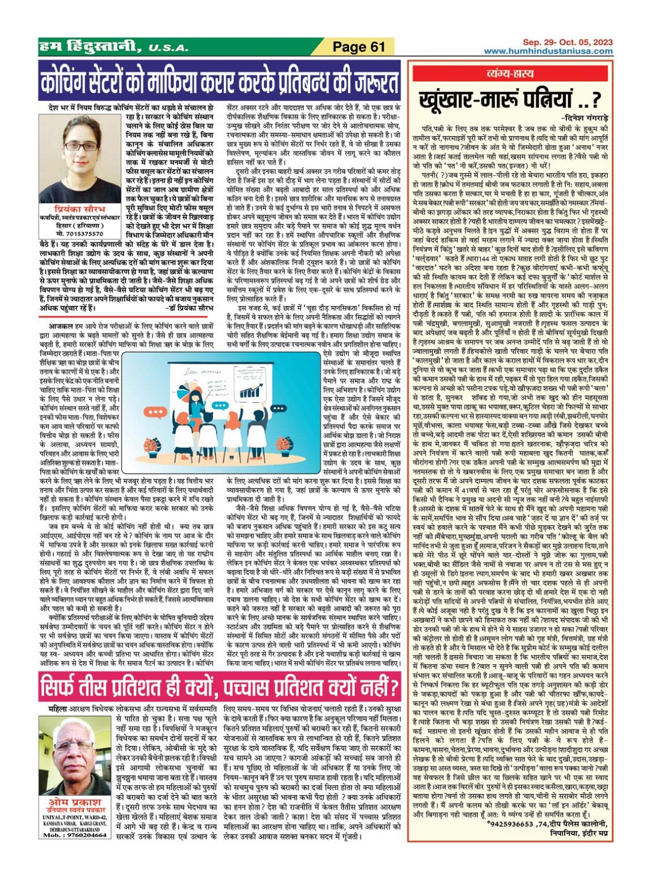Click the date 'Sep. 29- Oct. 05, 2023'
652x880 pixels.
(568, 42)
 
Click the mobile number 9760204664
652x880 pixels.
(77, 835)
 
